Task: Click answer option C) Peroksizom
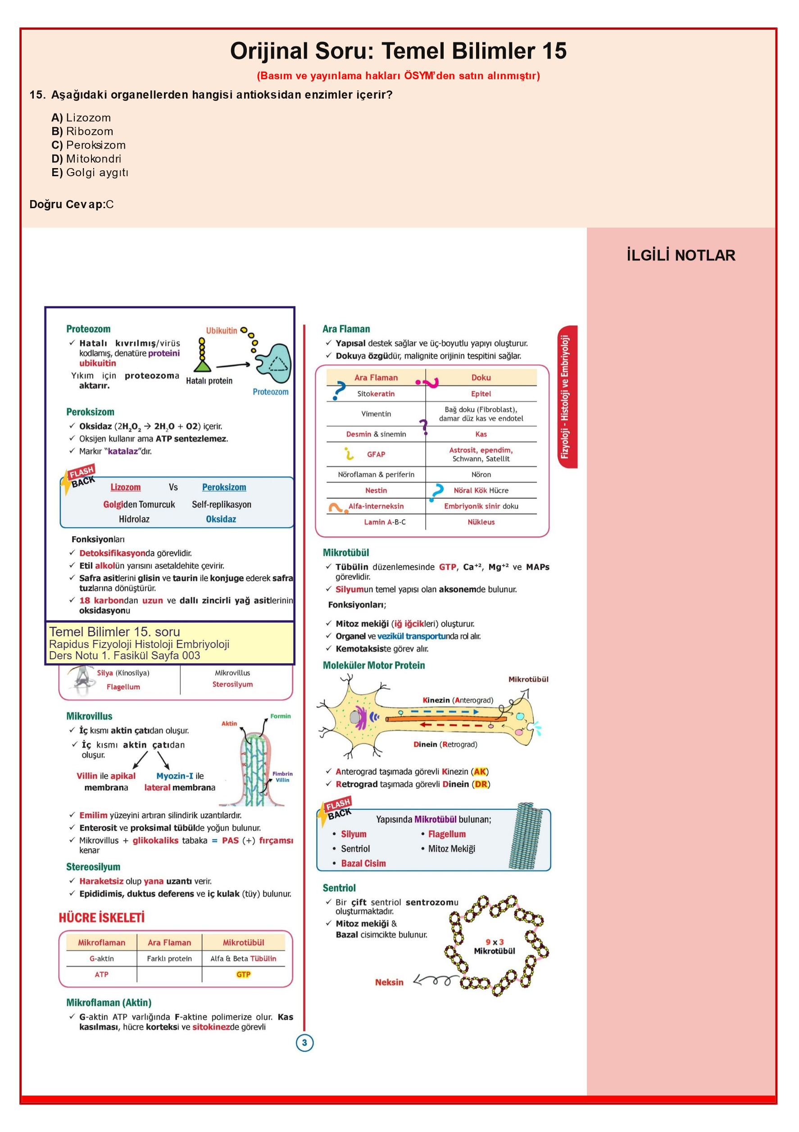click(x=88, y=145)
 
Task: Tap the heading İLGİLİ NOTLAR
click(x=681, y=256)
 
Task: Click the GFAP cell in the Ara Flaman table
click(x=376, y=454)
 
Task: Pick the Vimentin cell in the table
click(x=376, y=414)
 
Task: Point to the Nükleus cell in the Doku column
click(x=481, y=522)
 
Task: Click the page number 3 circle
click(x=304, y=1042)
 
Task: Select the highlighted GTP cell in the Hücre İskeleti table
click(x=244, y=974)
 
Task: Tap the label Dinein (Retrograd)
click(x=445, y=744)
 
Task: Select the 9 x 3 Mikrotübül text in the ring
click(x=495, y=946)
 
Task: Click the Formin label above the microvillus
click(x=281, y=716)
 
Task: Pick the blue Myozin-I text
click(x=174, y=776)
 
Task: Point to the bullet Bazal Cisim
click(x=363, y=863)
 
